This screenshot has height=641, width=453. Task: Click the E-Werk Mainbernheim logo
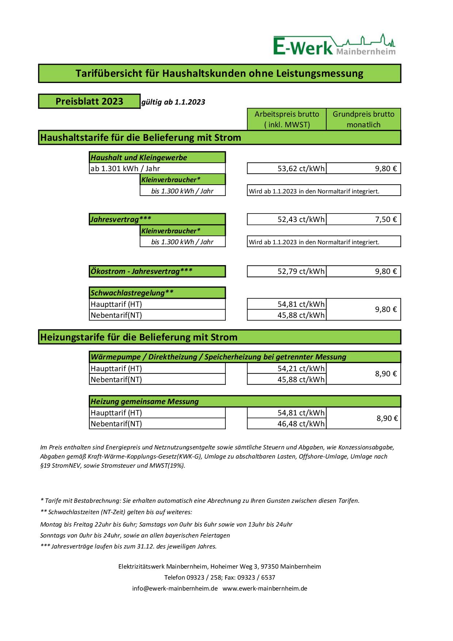click(334, 45)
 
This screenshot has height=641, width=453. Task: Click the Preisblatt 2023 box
click(89, 101)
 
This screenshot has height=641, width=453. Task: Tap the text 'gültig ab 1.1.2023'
click(173, 102)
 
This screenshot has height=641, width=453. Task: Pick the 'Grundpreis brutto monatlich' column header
click(363, 119)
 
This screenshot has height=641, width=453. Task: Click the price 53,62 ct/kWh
click(301, 169)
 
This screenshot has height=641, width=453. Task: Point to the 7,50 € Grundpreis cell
click(385, 219)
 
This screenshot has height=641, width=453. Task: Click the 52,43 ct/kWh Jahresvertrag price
click(301, 219)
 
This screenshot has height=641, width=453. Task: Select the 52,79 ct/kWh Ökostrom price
click(301, 271)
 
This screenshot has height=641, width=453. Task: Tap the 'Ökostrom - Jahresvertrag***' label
click(141, 271)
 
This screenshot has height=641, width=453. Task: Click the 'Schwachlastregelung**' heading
click(132, 293)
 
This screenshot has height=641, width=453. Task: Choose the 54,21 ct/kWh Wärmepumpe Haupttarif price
click(301, 369)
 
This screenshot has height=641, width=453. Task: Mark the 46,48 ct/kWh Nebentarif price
click(301, 424)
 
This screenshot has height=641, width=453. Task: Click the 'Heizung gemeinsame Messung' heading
click(145, 401)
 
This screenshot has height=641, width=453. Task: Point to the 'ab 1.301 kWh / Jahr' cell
click(125, 169)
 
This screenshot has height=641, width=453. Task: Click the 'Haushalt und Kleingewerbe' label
click(139, 158)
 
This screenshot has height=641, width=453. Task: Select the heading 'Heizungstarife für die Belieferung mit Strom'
click(139, 337)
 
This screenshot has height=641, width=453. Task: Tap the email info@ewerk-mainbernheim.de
click(175, 588)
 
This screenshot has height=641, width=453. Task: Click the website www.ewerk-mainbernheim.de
click(265, 588)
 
